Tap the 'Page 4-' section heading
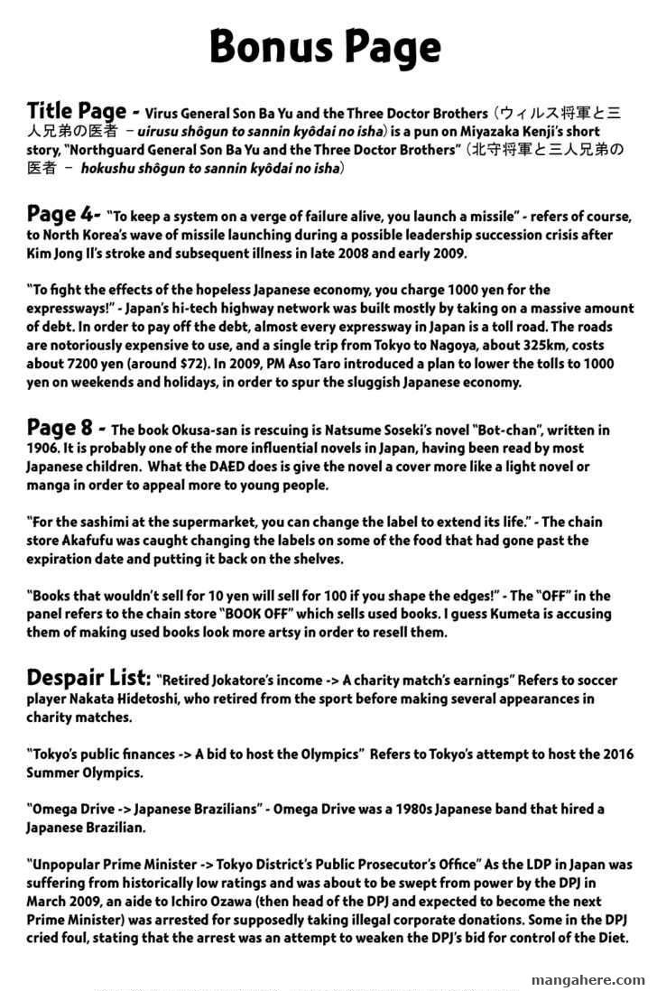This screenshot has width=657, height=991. (x=63, y=215)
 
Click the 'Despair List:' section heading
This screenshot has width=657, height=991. (x=88, y=677)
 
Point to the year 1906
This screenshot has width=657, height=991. (x=48, y=449)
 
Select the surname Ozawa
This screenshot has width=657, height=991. (x=294, y=902)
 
